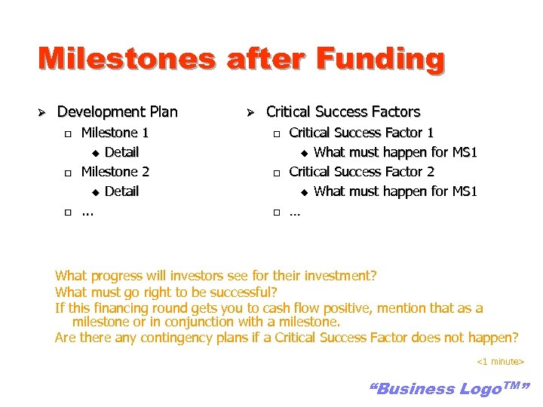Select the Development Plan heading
coord(117,112)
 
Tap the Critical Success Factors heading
coord(343,112)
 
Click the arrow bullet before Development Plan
coord(43,112)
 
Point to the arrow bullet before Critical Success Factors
coord(253,112)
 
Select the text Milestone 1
coord(115,133)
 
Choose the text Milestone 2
coord(115,172)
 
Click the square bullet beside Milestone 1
coord(67,133)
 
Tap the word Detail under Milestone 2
coord(121,191)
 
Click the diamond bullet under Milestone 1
coord(95,153)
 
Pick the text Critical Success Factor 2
coord(361,172)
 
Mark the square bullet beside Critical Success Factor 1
coord(276,133)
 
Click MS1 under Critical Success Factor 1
coord(464,152)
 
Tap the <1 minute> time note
coord(500,363)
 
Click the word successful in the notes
coord(243,292)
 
